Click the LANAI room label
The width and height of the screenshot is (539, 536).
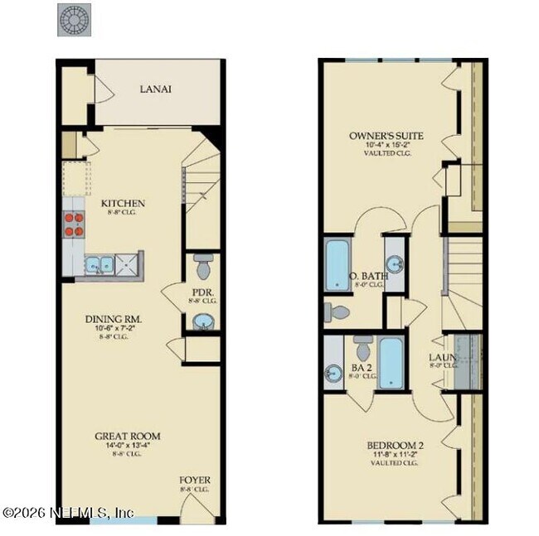[156, 89]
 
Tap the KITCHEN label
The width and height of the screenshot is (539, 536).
[123, 204]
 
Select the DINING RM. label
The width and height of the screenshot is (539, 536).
[114, 319]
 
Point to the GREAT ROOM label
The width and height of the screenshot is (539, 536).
[127, 436]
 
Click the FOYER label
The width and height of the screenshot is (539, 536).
[195, 480]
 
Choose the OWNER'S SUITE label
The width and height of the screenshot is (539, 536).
[386, 135]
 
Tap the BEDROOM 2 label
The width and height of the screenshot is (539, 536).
[395, 446]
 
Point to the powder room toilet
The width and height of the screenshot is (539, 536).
[203, 267]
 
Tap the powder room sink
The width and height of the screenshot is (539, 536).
[202, 321]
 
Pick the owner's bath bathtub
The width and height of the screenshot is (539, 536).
[337, 266]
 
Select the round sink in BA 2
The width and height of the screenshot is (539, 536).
[333, 373]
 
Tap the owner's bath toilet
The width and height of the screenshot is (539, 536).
[338, 312]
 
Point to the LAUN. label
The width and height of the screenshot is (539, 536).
[441, 358]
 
